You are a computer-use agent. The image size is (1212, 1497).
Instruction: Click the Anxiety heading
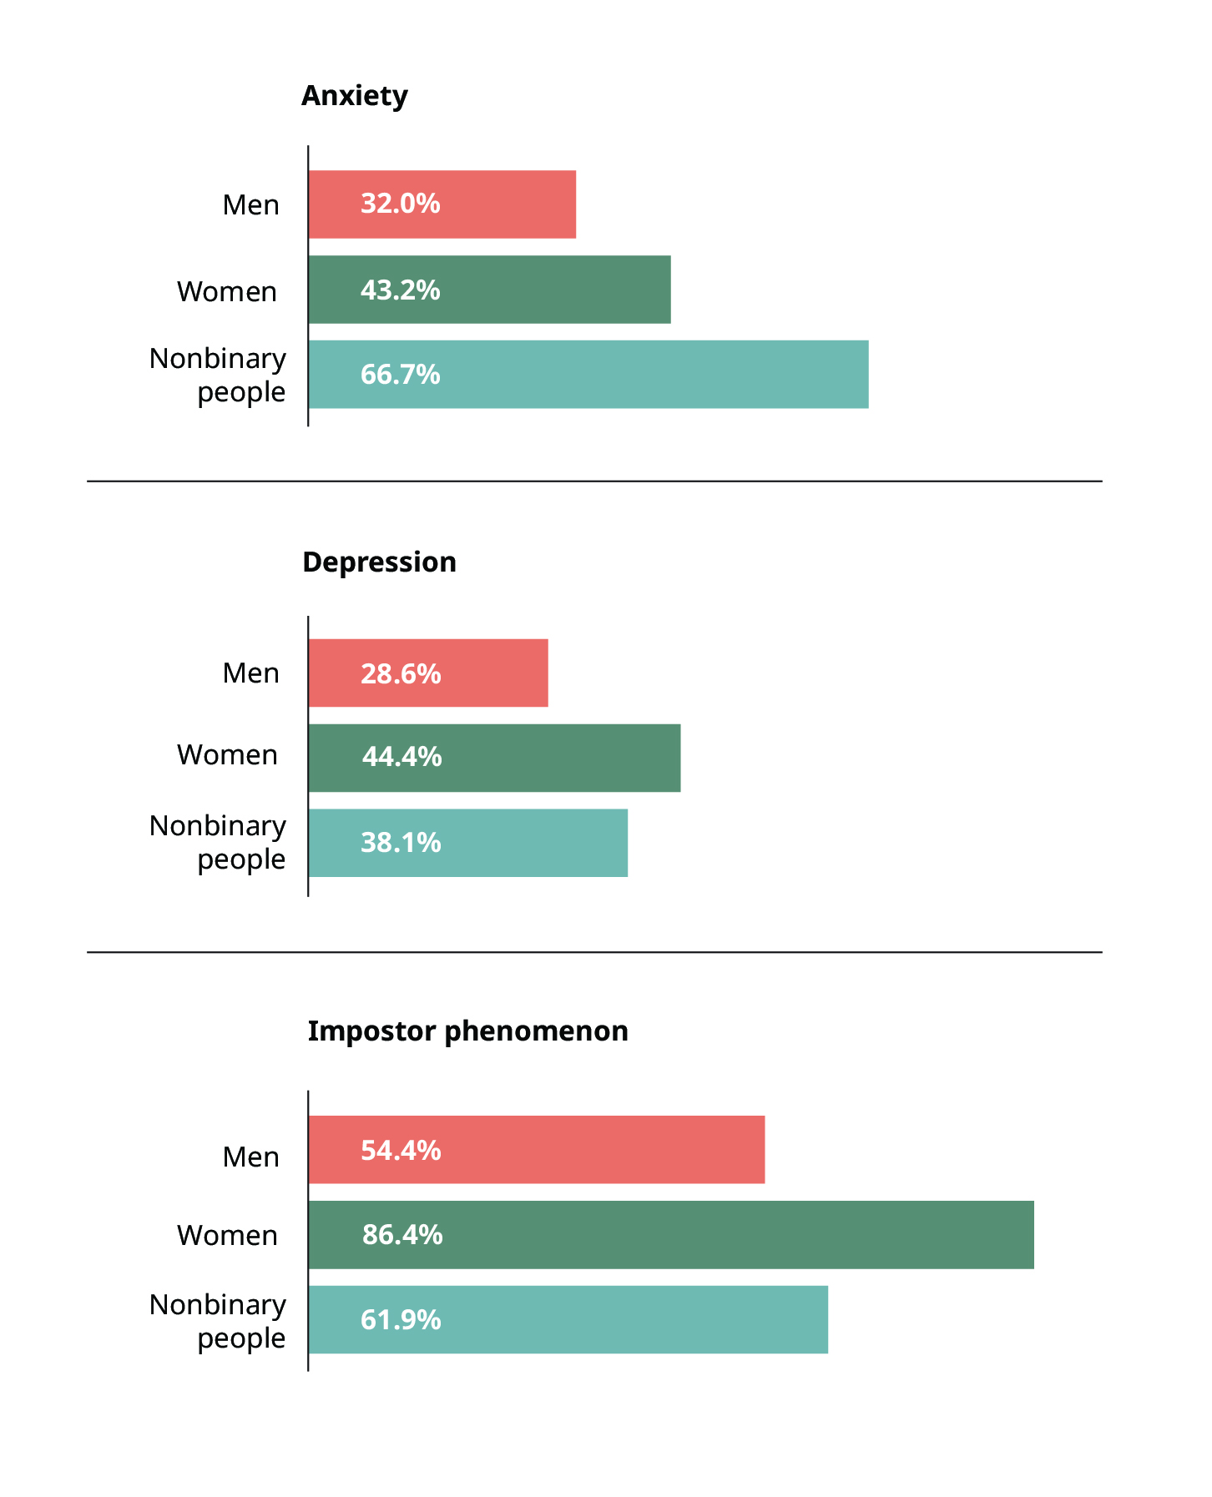click(x=354, y=96)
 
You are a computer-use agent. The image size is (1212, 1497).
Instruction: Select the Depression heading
click(x=379, y=562)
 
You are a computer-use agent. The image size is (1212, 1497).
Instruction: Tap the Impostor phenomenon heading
click(x=467, y=1031)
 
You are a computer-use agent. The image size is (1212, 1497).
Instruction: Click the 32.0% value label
click(x=400, y=204)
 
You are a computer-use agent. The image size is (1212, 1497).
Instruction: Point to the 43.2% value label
click(x=400, y=290)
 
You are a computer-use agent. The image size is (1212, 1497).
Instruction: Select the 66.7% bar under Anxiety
click(x=588, y=375)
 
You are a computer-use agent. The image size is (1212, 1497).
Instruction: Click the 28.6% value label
click(x=401, y=673)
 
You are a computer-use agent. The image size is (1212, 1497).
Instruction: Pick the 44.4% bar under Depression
click(x=494, y=758)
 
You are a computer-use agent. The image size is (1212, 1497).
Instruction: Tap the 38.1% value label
click(x=401, y=843)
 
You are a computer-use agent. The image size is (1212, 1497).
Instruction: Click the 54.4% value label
click(x=401, y=1151)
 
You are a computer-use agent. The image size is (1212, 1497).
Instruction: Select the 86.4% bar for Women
click(x=670, y=1235)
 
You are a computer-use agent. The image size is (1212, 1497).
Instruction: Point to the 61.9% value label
click(x=401, y=1320)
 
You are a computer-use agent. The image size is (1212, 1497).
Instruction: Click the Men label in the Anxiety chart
click(x=250, y=205)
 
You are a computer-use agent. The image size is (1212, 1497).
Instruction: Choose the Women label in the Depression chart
click(x=227, y=755)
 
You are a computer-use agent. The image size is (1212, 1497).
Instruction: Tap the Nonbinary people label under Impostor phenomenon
click(x=218, y=1321)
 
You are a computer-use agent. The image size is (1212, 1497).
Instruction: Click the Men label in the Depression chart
click(x=250, y=673)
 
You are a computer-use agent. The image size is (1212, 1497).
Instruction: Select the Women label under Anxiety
click(x=227, y=292)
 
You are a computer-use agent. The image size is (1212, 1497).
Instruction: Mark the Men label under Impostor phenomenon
click(x=250, y=1157)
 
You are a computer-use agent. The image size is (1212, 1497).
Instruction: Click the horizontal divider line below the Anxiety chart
click(x=594, y=481)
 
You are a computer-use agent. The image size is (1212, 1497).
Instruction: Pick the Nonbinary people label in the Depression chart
click(x=218, y=842)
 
